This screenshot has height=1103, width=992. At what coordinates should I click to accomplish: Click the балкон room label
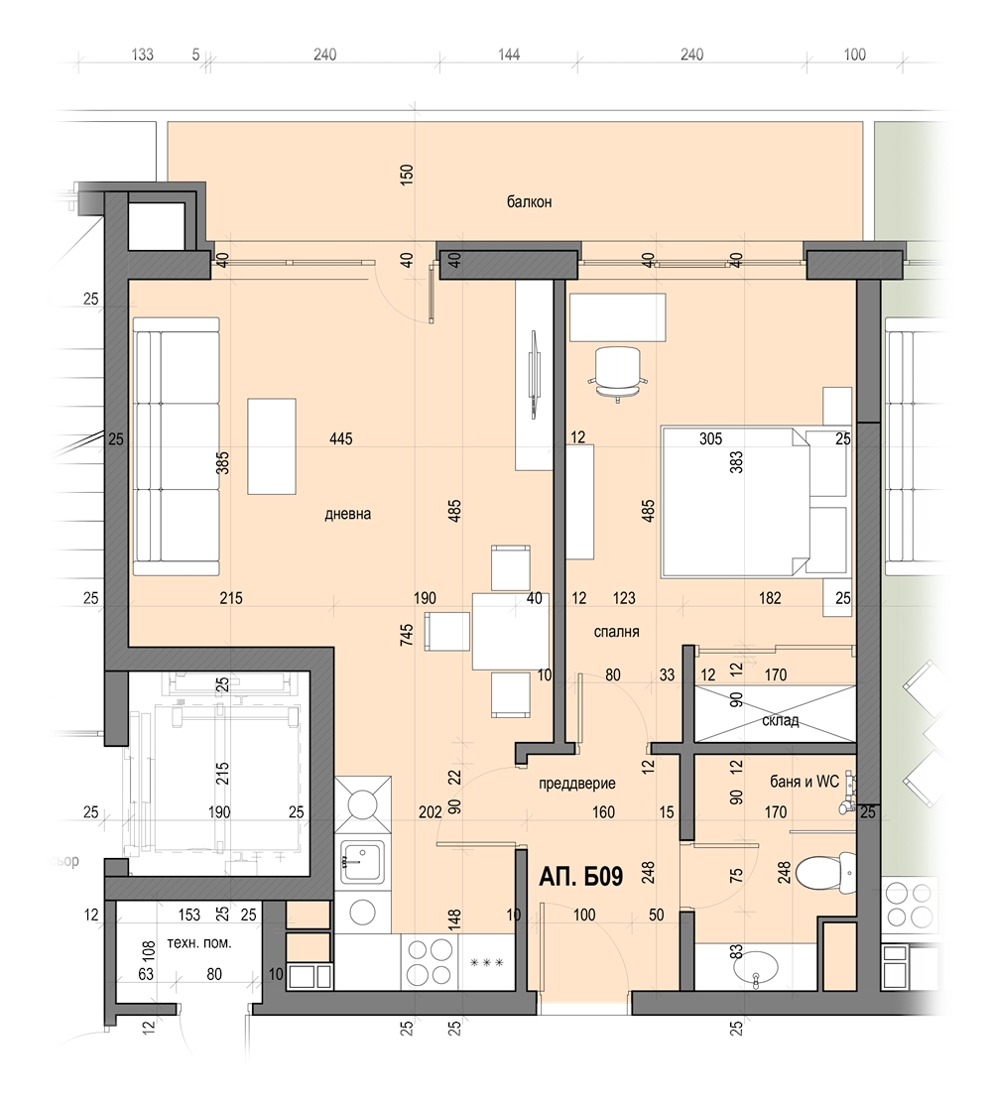(529, 202)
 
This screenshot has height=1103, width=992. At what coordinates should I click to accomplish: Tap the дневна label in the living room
(347, 514)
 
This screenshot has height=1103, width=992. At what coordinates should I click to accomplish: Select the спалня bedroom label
(616, 632)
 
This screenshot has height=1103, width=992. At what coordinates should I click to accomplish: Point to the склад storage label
(781, 721)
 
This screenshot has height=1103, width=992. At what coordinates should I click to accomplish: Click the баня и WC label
(805, 782)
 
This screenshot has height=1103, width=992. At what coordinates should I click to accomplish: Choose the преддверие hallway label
(577, 784)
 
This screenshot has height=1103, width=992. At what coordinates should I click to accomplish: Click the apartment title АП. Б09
(581, 877)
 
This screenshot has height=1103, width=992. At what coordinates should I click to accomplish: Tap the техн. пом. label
(199, 944)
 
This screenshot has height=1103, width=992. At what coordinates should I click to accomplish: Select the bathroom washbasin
(756, 971)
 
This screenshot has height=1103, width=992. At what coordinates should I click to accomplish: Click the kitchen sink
(362, 862)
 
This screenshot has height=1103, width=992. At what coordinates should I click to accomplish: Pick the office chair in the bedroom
(618, 374)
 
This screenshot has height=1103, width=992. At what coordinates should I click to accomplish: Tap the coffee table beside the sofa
(271, 446)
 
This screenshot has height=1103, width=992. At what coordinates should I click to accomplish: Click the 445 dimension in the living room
(341, 439)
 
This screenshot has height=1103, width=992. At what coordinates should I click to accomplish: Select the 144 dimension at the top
(509, 55)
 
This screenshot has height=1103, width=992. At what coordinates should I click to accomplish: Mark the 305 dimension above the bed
(710, 439)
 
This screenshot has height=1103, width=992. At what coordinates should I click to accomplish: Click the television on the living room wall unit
(534, 375)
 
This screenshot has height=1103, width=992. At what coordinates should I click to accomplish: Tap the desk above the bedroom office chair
(618, 318)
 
